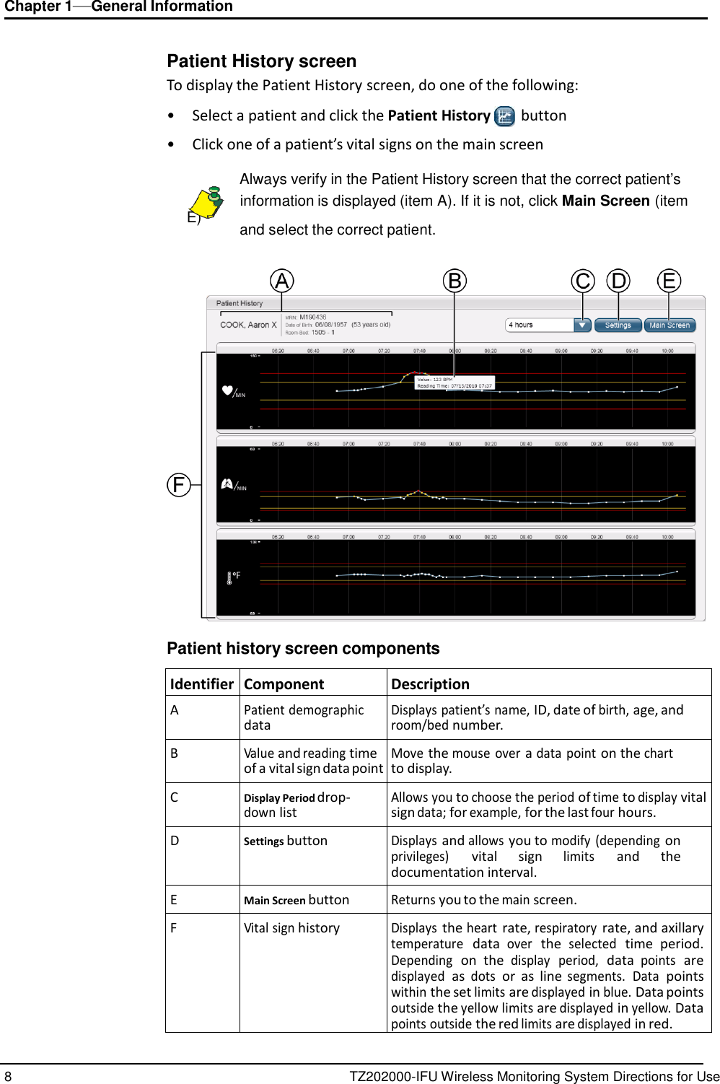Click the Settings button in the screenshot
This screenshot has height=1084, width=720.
[618, 325]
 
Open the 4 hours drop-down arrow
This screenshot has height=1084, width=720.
[583, 325]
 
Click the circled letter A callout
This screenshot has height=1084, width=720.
[282, 280]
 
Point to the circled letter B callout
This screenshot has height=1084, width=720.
[455, 280]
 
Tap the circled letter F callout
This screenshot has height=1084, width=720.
[178, 484]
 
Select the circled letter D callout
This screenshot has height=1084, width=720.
[618, 280]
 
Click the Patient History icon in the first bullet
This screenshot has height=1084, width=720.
[505, 116]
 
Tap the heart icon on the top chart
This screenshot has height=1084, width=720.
[228, 390]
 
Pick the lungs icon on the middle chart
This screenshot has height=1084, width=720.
[226, 484]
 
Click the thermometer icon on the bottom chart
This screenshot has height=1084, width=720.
[229, 577]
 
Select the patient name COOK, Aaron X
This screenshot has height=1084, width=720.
[248, 325]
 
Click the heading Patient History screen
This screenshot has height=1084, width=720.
[261, 61]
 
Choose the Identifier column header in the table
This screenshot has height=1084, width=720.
[202, 683]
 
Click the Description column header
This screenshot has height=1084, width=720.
[430, 683]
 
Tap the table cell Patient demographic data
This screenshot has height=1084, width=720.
[304, 717]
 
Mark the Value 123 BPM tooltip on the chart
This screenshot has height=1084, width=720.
[455, 383]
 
